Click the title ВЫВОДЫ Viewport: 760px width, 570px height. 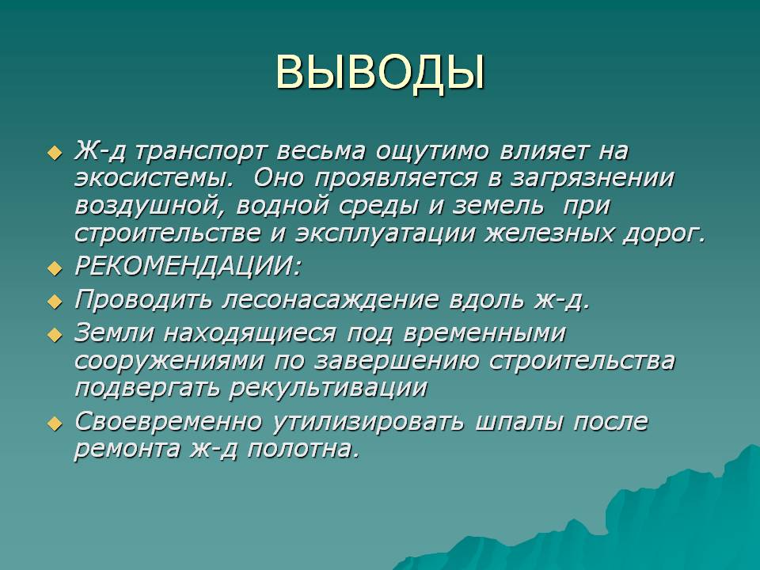(381, 74)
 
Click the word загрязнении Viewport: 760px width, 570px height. (592, 179)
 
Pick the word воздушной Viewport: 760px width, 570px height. (152, 207)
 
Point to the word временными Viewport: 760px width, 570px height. (484, 334)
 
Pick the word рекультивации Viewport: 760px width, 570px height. (328, 388)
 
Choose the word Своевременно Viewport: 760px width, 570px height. (168, 422)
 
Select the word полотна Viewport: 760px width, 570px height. (304, 449)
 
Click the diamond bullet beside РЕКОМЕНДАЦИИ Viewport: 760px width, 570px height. (55, 268)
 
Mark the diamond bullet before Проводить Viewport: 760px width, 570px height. (55, 302)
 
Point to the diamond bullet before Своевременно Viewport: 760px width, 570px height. (55, 423)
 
